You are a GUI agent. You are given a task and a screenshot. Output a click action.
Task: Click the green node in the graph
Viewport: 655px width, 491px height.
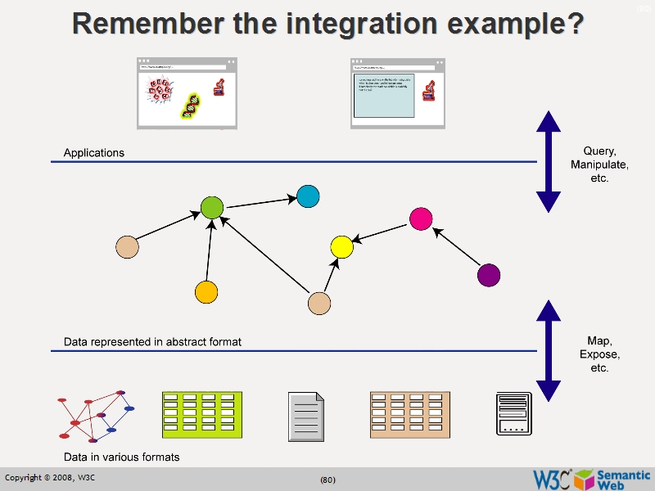click(x=212, y=208)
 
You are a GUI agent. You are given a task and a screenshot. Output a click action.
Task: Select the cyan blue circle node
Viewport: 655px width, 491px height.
click(x=307, y=196)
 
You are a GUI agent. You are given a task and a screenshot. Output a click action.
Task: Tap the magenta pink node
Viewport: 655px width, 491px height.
click(x=420, y=218)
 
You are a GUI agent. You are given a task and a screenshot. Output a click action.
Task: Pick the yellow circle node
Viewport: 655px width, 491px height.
click(x=341, y=245)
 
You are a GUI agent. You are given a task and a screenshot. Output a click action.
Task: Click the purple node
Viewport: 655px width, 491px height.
click(x=489, y=275)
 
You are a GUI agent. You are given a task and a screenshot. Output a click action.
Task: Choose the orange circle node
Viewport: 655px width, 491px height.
click(x=206, y=291)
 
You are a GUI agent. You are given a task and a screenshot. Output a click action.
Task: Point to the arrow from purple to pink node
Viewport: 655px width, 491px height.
click(x=456, y=248)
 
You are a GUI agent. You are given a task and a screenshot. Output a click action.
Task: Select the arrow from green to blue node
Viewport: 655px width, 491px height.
click(x=260, y=202)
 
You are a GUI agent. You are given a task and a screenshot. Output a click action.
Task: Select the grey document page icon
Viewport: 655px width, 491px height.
click(x=306, y=417)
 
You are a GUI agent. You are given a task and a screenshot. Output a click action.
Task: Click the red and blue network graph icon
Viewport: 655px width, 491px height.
click(x=94, y=417)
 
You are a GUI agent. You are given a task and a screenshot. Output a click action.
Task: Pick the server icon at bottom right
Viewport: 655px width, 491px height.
click(x=514, y=414)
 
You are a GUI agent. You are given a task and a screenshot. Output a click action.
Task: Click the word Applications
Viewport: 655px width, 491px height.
click(x=94, y=153)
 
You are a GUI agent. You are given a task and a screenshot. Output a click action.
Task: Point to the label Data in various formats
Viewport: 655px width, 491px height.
click(x=121, y=457)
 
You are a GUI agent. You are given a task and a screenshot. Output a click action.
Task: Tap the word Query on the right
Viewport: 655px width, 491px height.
click(x=599, y=151)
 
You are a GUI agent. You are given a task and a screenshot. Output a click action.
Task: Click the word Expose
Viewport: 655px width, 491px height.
click(x=599, y=355)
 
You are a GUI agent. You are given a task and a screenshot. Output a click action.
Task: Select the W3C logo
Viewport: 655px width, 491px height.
click(x=552, y=479)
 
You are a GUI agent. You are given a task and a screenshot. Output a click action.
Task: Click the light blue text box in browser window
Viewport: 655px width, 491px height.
click(x=384, y=96)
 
